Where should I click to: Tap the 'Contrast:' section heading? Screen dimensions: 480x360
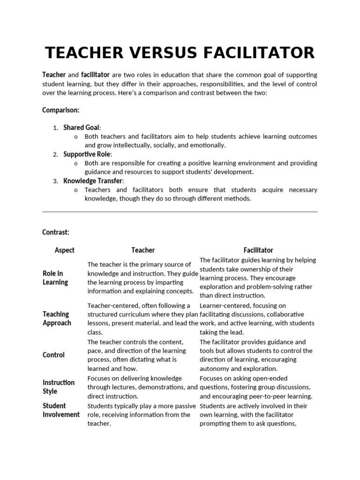(x=56, y=232)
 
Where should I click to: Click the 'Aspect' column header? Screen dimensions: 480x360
(x=65, y=250)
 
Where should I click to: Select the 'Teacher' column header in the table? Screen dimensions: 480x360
(x=143, y=250)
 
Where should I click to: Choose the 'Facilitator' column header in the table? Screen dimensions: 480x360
(x=258, y=250)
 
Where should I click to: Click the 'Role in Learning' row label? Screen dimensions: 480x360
(x=55, y=277)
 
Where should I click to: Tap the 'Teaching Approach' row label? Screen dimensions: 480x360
(x=57, y=318)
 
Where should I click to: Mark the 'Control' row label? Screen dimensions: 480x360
(x=53, y=355)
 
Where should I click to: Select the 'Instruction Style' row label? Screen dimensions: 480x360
(x=58, y=387)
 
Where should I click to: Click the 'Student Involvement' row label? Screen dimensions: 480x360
(x=61, y=410)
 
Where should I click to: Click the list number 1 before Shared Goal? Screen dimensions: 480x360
(x=55, y=128)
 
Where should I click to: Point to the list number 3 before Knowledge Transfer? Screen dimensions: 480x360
(x=55, y=181)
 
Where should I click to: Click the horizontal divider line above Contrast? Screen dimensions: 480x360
(x=180, y=212)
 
